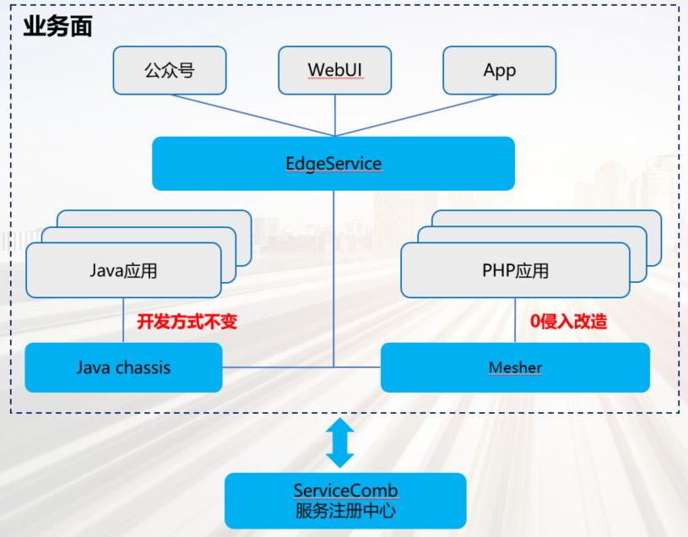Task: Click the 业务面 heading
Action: pyautogui.click(x=57, y=26)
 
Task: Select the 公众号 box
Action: pyautogui.click(x=169, y=70)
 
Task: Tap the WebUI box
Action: pyautogui.click(x=335, y=70)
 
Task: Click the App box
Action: pyautogui.click(x=499, y=70)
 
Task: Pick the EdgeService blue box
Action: pyautogui.click(x=333, y=163)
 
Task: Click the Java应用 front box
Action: pyautogui.click(x=123, y=271)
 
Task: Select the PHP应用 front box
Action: pyautogui.click(x=515, y=271)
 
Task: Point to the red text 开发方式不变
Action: pyautogui.click(x=187, y=321)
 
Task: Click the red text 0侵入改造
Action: pyautogui.click(x=568, y=321)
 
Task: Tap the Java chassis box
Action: pyautogui.click(x=123, y=367)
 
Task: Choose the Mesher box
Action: pyautogui.click(x=515, y=367)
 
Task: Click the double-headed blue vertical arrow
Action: pyautogui.click(x=339, y=442)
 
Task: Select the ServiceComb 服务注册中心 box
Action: pyautogui.click(x=345, y=500)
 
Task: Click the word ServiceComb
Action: pyautogui.click(x=345, y=491)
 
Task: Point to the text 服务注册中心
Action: pyautogui.click(x=345, y=511)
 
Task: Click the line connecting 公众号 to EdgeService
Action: pyautogui.click(x=253, y=115)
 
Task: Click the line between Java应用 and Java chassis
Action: pyautogui.click(x=123, y=321)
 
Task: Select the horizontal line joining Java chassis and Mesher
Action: pyautogui.click(x=279, y=367)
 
